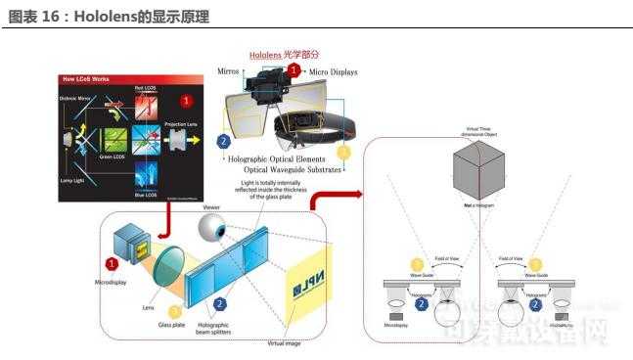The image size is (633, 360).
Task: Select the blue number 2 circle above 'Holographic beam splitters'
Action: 220,304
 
